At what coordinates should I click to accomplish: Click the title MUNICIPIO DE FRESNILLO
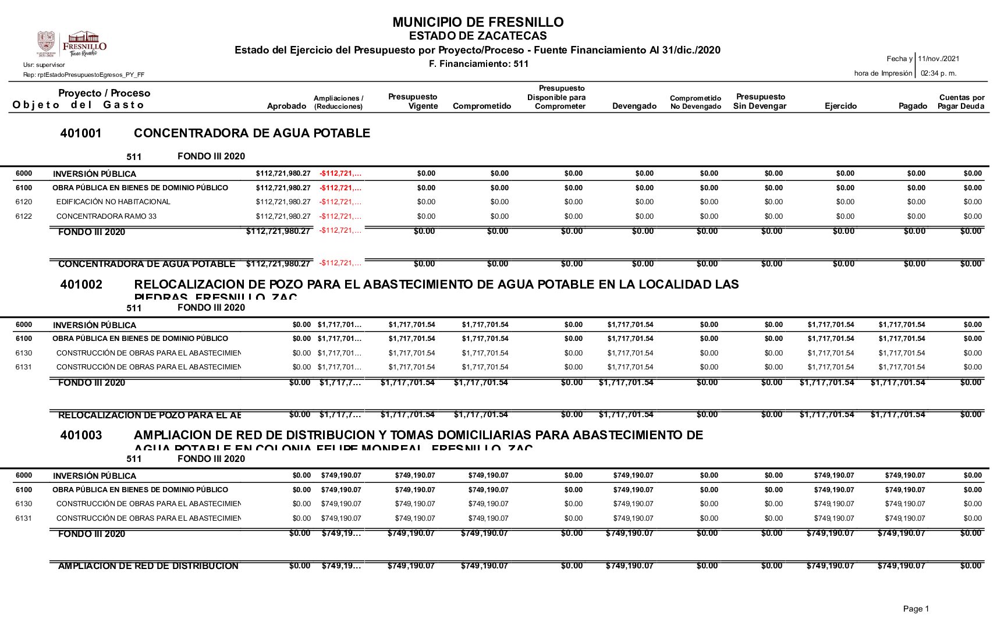click(x=478, y=22)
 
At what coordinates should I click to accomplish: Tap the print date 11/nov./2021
click(x=938, y=59)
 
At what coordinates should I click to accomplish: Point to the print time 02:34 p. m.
click(x=938, y=73)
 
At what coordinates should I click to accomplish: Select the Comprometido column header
click(x=481, y=106)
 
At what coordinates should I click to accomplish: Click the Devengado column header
click(x=634, y=106)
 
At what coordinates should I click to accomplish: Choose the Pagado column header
click(x=912, y=106)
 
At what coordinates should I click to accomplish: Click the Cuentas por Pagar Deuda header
click(x=961, y=102)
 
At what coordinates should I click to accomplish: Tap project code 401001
click(x=81, y=133)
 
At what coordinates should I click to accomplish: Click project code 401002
click(x=81, y=285)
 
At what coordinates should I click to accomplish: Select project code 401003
click(x=81, y=435)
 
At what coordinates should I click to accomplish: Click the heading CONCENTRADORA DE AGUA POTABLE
click(x=252, y=133)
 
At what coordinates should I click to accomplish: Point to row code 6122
click(x=24, y=216)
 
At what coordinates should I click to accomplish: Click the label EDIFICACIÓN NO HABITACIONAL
click(x=113, y=202)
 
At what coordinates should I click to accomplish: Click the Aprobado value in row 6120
click(x=283, y=202)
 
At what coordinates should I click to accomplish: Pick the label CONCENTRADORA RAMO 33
click(x=106, y=216)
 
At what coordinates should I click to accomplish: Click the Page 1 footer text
click(x=916, y=609)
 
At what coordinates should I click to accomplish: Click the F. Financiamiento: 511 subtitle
click(x=478, y=64)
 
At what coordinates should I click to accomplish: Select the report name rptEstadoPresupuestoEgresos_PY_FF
click(x=84, y=75)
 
